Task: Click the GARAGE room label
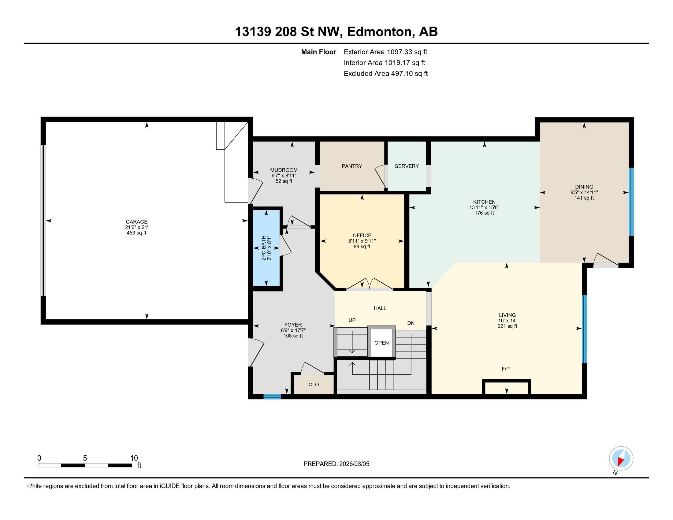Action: (x=136, y=221)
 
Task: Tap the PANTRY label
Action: (x=351, y=166)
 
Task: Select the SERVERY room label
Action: (x=407, y=166)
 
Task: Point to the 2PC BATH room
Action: (x=266, y=248)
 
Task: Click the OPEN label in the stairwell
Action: (x=381, y=343)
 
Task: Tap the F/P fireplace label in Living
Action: (x=505, y=369)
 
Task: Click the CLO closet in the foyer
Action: (x=313, y=384)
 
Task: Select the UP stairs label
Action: (x=352, y=320)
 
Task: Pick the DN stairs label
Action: (x=411, y=323)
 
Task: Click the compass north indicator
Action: (x=621, y=458)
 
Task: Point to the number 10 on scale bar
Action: (x=134, y=458)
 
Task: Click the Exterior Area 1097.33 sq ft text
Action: (x=385, y=52)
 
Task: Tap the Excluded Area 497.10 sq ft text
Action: (x=385, y=73)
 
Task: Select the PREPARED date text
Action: (x=336, y=464)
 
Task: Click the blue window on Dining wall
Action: (x=631, y=202)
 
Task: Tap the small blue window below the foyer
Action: (x=272, y=397)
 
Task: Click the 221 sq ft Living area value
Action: (x=507, y=326)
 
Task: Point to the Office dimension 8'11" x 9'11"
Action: (x=362, y=241)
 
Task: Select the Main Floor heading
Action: (x=318, y=52)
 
